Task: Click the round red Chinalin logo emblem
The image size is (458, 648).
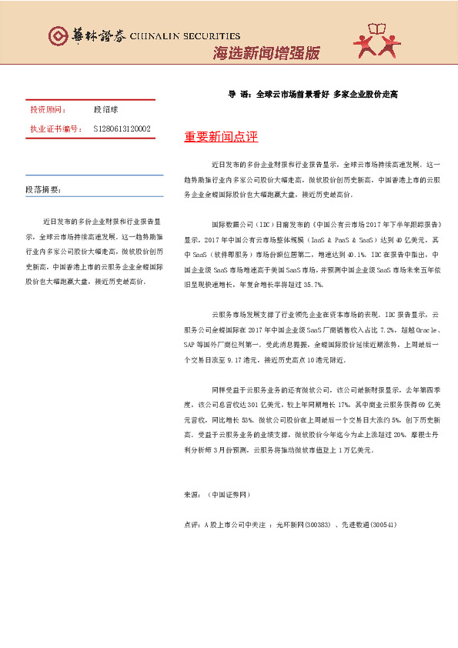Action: click(57, 36)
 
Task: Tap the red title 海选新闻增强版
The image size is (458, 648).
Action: click(266, 53)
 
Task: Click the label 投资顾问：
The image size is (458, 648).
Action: click(47, 110)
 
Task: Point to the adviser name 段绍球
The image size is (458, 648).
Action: click(106, 110)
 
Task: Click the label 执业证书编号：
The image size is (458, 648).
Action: click(55, 129)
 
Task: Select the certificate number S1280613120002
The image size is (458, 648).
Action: click(122, 129)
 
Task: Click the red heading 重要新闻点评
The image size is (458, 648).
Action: click(221, 137)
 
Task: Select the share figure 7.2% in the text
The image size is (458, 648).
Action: click(366, 306)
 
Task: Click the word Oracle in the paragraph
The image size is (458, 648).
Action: click(424, 306)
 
